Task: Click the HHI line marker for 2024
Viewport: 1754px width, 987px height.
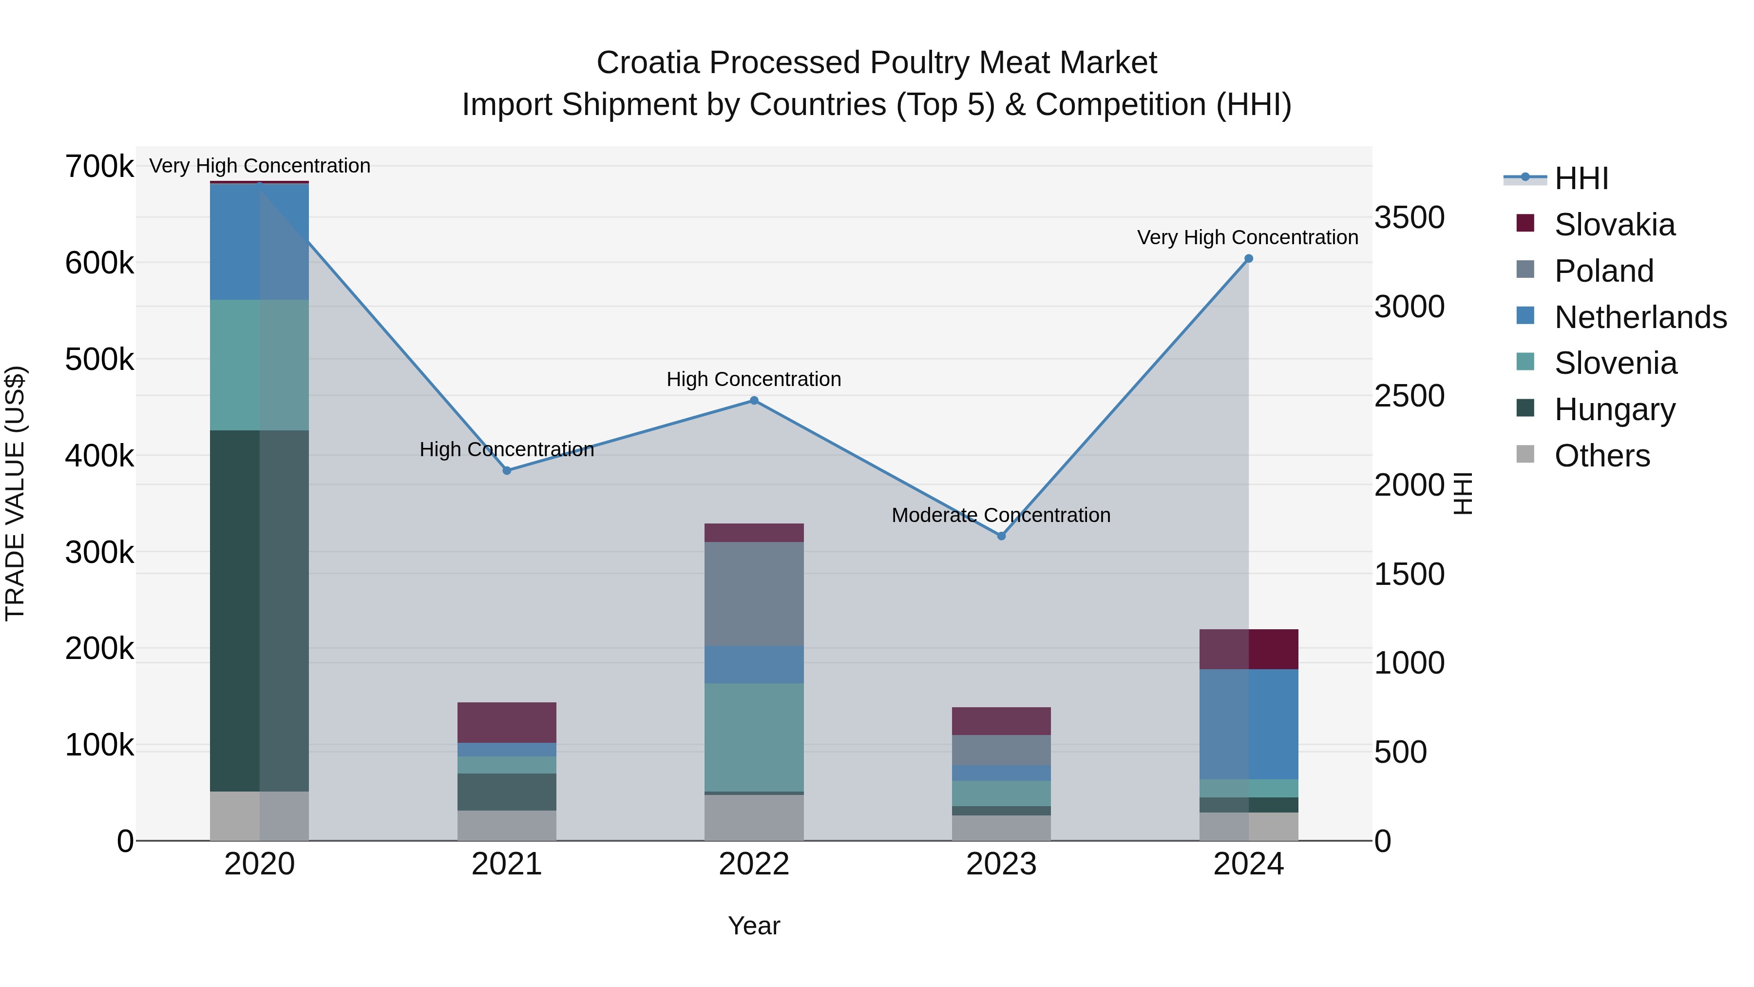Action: [1248, 259]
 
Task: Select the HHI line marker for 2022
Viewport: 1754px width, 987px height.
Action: [754, 401]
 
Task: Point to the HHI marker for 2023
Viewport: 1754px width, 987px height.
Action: [1001, 536]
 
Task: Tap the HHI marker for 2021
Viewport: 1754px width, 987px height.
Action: [507, 471]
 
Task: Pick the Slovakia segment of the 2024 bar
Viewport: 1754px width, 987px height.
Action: [1248, 649]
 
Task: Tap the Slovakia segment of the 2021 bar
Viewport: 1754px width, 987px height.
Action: [507, 722]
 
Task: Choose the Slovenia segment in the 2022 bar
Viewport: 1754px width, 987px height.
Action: [754, 737]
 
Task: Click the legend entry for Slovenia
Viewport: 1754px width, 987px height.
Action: [1615, 363]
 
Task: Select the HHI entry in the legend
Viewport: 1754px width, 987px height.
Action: [1581, 178]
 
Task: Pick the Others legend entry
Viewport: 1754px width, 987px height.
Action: [1601, 455]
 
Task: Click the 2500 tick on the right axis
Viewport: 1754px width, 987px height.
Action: [1409, 396]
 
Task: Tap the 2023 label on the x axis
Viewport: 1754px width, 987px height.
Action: [1001, 864]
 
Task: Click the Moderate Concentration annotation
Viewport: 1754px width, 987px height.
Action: [1001, 515]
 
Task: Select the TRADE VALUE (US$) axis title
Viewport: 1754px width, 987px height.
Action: [15, 493]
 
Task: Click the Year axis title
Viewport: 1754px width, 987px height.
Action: [754, 926]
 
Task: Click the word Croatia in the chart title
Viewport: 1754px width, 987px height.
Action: [648, 63]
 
